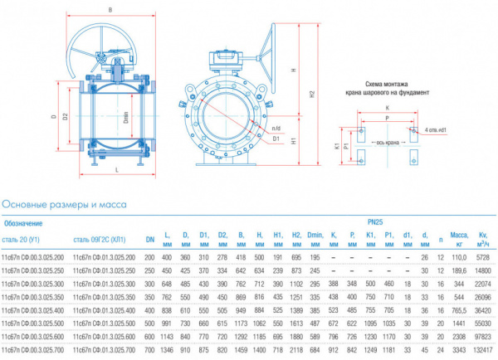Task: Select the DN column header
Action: [150, 241]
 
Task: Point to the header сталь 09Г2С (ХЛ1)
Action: [102, 241]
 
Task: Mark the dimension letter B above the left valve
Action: [110, 10]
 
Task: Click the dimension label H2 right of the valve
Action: [310, 96]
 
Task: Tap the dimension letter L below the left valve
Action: [117, 169]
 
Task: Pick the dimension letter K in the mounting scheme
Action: [386, 109]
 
